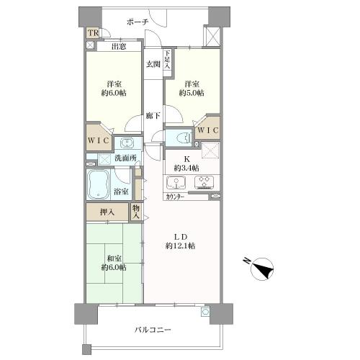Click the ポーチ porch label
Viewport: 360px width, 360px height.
click(138, 22)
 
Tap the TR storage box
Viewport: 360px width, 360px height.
click(93, 33)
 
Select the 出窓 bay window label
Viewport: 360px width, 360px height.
click(119, 46)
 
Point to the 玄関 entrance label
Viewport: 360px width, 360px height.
click(153, 64)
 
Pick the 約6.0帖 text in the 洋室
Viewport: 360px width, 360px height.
click(114, 93)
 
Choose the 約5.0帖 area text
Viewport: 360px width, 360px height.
click(192, 93)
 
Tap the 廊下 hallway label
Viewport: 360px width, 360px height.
click(153, 116)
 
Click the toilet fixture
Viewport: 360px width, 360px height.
click(183, 138)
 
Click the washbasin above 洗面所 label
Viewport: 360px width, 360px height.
click(127, 143)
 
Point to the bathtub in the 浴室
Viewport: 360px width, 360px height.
click(98, 184)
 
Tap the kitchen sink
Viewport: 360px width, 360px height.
click(176, 183)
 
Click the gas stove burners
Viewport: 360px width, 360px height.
click(204, 181)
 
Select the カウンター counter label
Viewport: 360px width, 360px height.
click(175, 197)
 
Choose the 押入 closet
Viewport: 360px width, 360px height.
click(107, 212)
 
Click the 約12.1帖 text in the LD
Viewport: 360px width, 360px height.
click(180, 246)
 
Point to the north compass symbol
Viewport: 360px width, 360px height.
click(262, 269)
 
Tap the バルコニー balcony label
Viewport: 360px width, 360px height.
click(153, 330)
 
